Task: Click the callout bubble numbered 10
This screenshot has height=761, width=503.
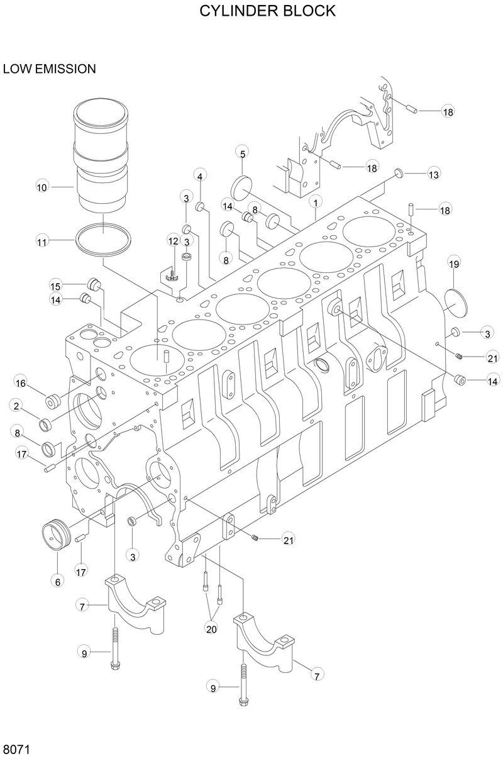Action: [42, 187]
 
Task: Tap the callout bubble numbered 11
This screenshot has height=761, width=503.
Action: [42, 241]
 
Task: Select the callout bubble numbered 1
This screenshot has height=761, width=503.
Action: [315, 202]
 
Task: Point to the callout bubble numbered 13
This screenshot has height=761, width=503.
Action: [434, 174]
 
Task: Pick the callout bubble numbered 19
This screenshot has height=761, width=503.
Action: [454, 264]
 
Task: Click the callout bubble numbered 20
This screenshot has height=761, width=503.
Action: [211, 627]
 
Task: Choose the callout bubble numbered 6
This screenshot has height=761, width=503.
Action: [57, 582]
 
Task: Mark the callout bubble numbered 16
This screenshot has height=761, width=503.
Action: [21, 383]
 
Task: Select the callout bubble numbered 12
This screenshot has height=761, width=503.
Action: [174, 240]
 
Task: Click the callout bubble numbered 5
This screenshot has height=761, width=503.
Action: [243, 152]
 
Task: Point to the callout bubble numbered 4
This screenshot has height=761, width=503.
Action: [200, 176]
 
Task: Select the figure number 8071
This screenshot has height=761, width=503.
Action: [17, 750]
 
